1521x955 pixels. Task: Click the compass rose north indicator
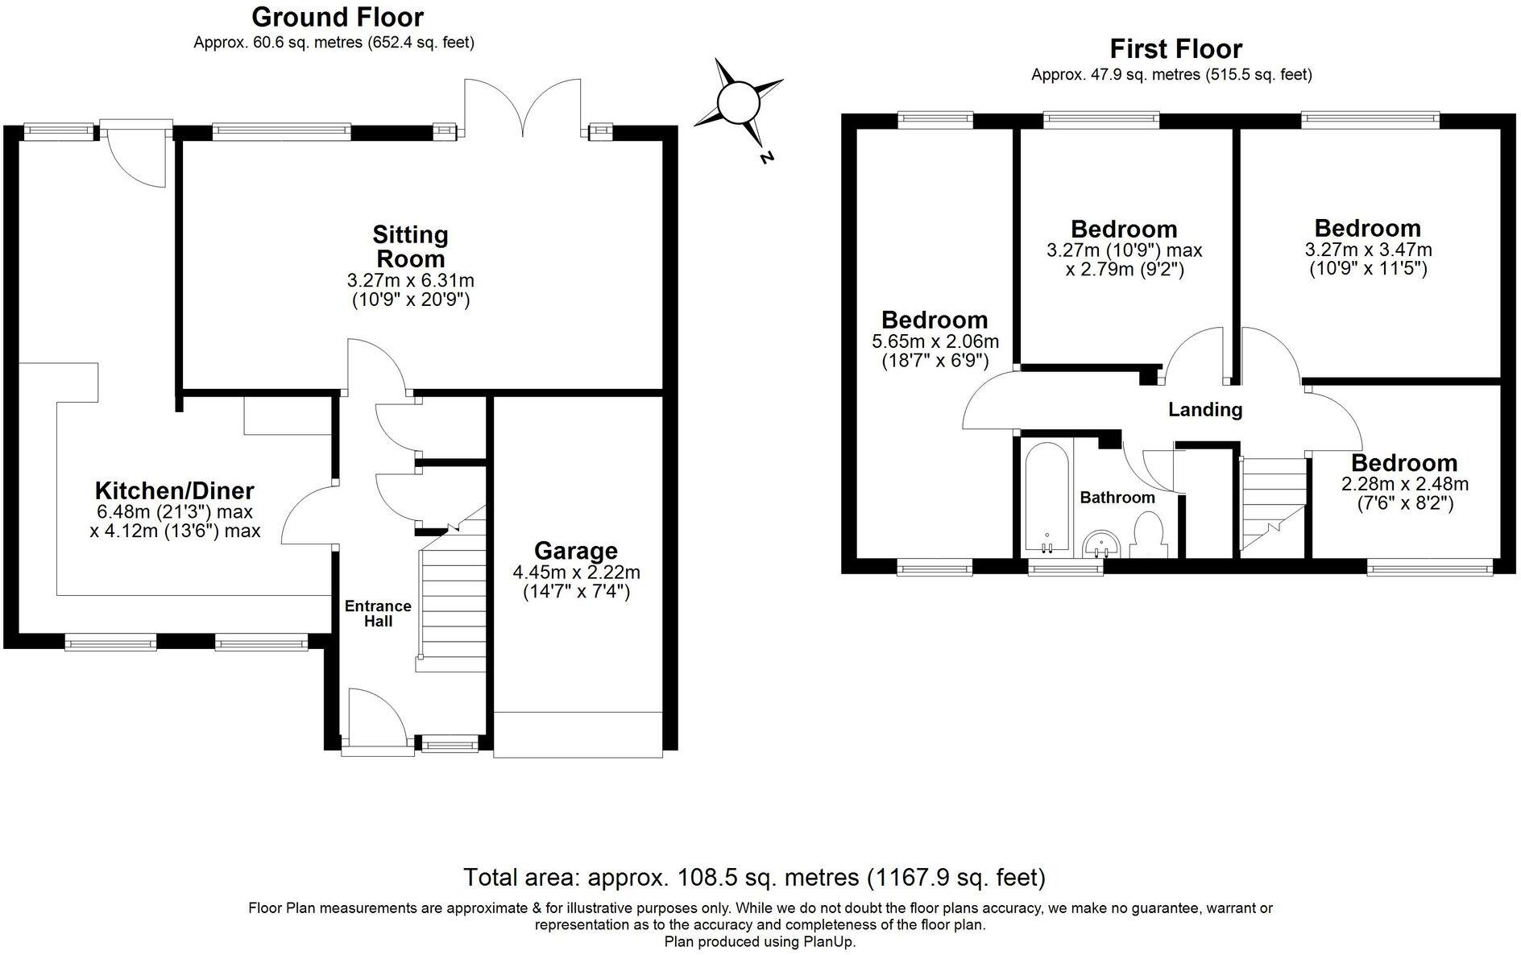tap(738, 105)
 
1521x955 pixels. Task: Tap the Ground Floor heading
tap(338, 16)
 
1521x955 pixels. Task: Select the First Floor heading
tap(1175, 49)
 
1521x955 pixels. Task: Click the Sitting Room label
tap(409, 246)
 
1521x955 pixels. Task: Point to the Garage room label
tap(576, 551)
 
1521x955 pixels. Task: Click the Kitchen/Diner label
tap(175, 490)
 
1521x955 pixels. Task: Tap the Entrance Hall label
tap(378, 614)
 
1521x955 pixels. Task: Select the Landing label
tap(1205, 410)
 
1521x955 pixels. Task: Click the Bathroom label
tap(1117, 498)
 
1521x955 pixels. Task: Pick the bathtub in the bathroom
tap(1046, 498)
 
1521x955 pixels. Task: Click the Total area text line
tap(754, 876)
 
